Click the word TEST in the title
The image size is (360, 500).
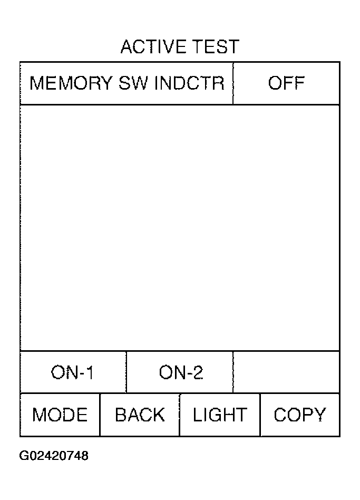217,47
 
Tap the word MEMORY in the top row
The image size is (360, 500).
71,83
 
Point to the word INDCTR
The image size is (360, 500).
190,83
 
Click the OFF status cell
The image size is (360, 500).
286,83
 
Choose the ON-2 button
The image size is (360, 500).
180,372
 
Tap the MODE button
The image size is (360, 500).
60,415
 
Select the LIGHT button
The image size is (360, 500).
220,415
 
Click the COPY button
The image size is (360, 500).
300,415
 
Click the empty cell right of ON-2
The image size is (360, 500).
286,372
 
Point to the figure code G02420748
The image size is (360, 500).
54,456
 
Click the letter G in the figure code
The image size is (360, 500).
24,456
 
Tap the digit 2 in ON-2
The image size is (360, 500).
198,372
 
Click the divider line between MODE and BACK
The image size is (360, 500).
100,415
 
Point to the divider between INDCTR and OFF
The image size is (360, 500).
233,83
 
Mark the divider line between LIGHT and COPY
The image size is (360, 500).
260,415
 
